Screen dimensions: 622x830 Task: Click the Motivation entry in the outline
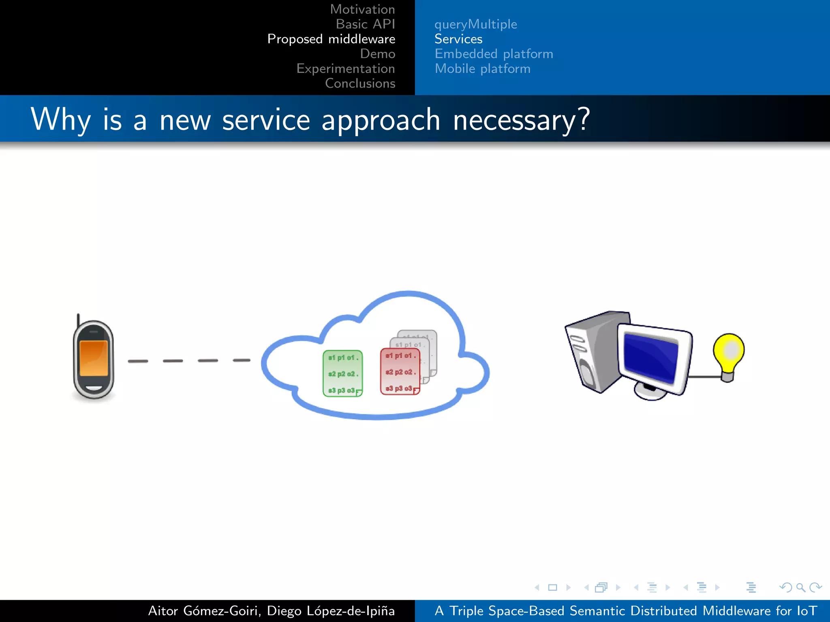(362, 9)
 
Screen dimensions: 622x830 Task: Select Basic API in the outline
(365, 24)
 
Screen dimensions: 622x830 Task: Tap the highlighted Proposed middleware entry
(331, 39)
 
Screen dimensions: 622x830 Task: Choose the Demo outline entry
(377, 54)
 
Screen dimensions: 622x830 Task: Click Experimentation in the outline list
(345, 68)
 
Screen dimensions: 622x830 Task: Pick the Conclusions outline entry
(360, 83)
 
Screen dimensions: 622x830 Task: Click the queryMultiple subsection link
(475, 24)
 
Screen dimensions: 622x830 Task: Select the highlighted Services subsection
(458, 39)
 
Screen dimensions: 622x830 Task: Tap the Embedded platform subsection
(494, 54)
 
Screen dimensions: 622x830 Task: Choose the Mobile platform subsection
(482, 68)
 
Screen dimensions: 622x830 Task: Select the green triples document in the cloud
(342, 373)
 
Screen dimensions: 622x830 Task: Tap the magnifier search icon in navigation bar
(800, 587)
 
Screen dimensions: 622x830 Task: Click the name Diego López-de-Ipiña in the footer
(331, 611)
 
